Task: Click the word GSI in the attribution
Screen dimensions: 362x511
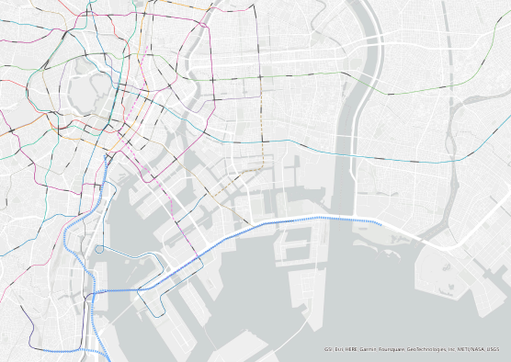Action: pyautogui.click(x=328, y=349)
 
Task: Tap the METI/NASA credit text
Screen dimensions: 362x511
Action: pyautogui.click(x=473, y=349)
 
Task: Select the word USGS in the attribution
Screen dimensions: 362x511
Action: pyautogui.click(x=499, y=349)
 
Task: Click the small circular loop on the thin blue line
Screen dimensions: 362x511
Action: pyautogui.click(x=99, y=249)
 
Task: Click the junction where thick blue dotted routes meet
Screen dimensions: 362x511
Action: pyautogui.click(x=92, y=292)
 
